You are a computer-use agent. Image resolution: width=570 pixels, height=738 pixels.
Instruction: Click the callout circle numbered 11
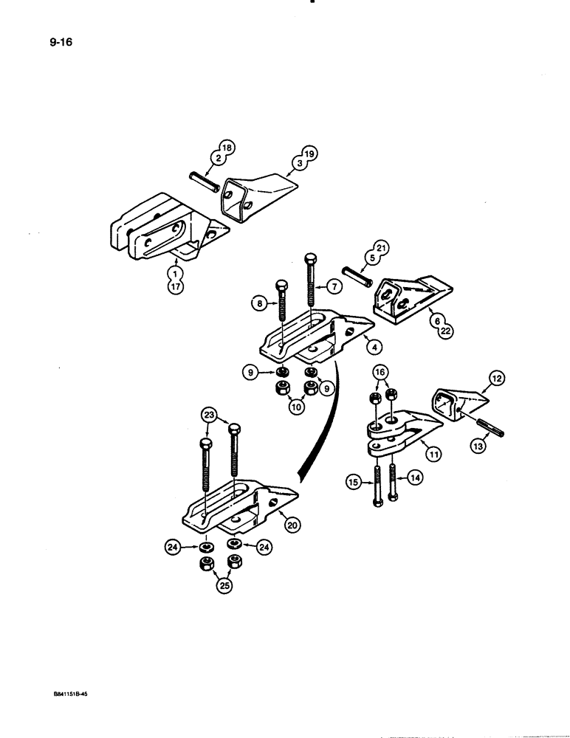[x=433, y=455]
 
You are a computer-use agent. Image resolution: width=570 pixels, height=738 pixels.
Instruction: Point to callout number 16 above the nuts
[x=380, y=373]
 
